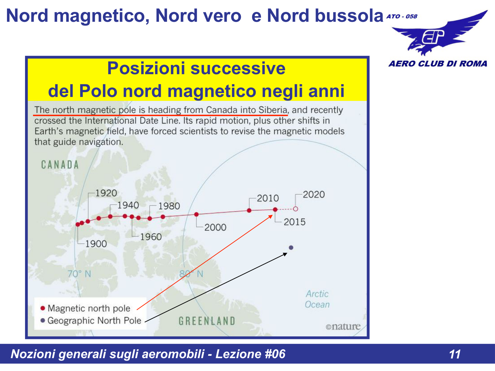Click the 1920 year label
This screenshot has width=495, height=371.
(x=106, y=193)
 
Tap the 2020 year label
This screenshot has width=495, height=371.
(x=313, y=195)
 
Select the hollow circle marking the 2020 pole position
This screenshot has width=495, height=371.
(x=296, y=209)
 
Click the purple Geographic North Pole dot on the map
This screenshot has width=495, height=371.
(x=291, y=248)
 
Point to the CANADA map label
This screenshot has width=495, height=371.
(x=60, y=165)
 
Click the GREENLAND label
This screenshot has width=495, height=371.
(x=207, y=321)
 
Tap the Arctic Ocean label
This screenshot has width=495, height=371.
(x=317, y=299)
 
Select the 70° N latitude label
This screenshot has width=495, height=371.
(x=79, y=274)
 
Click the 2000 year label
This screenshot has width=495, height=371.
(x=215, y=227)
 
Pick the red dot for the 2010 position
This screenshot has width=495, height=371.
(x=249, y=210)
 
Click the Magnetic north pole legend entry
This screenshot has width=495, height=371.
(x=89, y=308)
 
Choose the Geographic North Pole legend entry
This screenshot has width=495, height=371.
(x=94, y=321)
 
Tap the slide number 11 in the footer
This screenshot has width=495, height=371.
(x=455, y=354)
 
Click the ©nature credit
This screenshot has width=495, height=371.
(x=343, y=326)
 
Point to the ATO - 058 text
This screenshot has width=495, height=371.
(x=402, y=16)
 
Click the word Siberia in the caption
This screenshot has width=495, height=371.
(x=273, y=110)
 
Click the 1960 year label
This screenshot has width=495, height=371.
(x=150, y=237)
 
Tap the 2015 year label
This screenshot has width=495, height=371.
(x=294, y=222)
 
